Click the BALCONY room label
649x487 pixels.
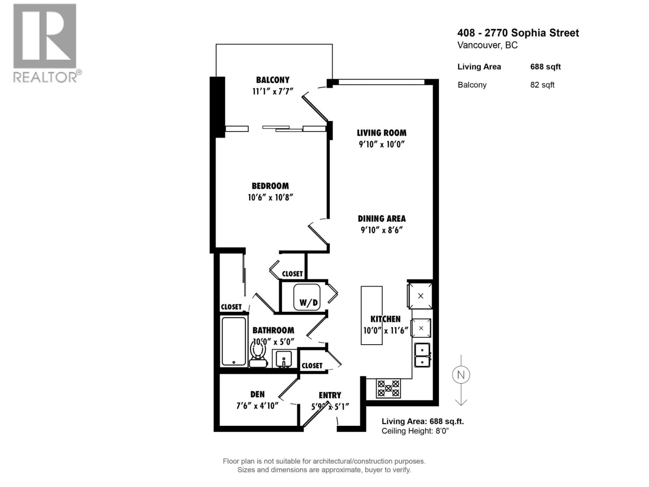(273, 80)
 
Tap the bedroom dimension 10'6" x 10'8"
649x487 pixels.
(270, 198)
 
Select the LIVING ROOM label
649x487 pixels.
(381, 133)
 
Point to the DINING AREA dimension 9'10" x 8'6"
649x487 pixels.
(381, 230)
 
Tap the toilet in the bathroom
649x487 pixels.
(258, 355)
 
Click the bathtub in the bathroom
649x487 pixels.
(234, 341)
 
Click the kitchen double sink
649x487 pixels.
(422, 355)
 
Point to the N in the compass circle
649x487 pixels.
(461, 375)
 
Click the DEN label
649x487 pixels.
(257, 394)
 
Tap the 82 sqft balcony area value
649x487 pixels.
(542, 85)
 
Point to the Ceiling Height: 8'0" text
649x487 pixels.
(415, 431)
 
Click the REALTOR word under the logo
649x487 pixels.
(45, 77)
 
